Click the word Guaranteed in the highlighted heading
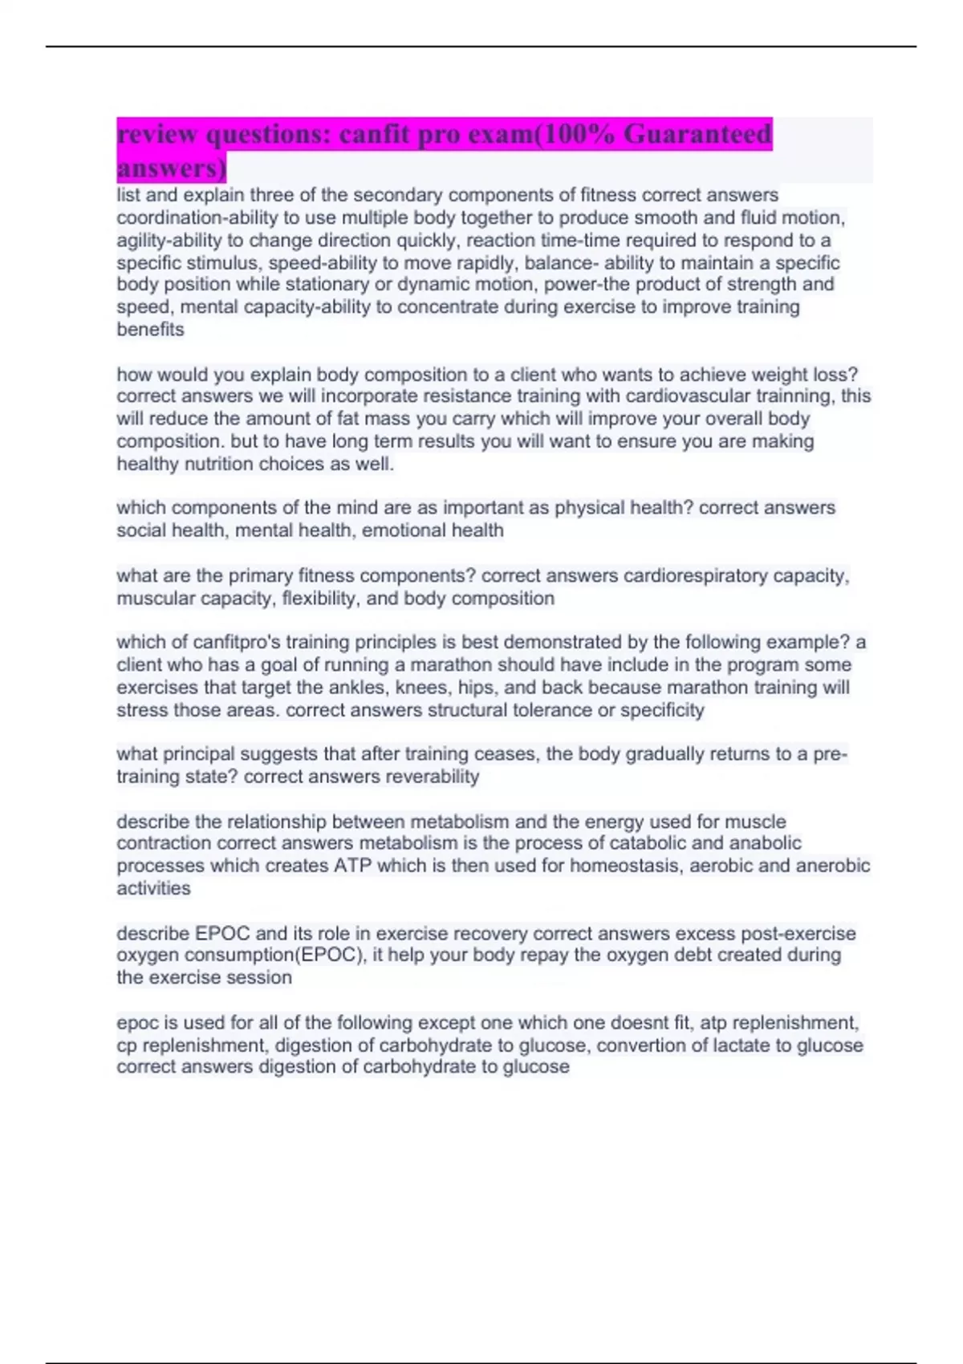point(697,134)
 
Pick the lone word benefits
point(150,329)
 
